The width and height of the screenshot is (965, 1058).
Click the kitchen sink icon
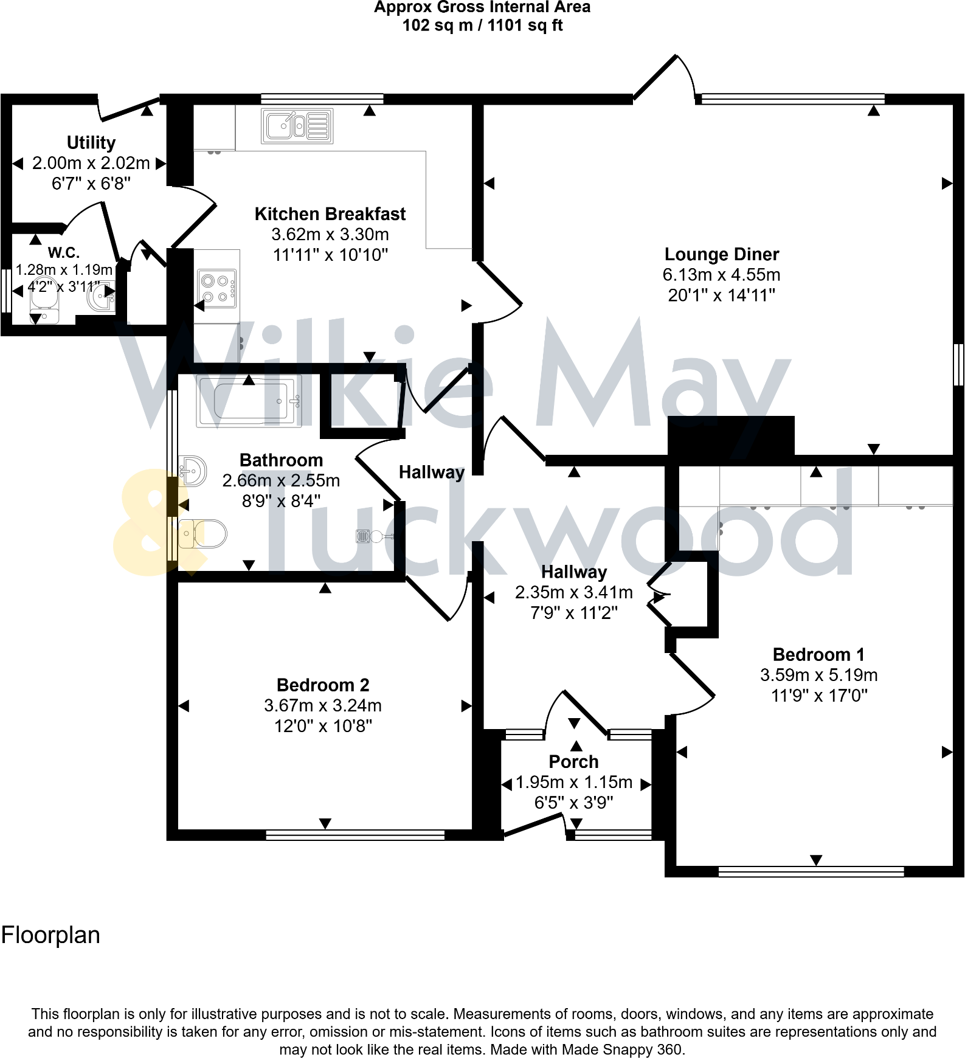tap(297, 126)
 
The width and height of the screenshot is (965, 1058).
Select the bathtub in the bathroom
tap(249, 401)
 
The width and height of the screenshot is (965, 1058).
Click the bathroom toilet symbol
tap(203, 534)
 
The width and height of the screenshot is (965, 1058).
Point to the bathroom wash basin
tap(193, 471)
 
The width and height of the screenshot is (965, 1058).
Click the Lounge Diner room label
tap(721, 254)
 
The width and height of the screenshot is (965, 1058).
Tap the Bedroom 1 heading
tap(818, 655)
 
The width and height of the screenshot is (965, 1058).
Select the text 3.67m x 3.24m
tap(323, 705)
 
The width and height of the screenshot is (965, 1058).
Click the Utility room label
tap(91, 143)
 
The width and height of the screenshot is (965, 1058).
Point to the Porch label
tap(573, 762)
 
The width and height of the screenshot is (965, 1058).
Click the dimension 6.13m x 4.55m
tap(721, 275)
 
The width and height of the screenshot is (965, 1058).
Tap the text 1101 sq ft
tap(525, 26)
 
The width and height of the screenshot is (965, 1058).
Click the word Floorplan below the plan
tap(50, 935)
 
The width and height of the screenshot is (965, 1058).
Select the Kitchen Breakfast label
tap(330, 214)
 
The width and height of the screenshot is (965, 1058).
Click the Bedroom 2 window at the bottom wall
tap(355, 835)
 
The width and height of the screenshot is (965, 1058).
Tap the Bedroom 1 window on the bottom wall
tap(811, 872)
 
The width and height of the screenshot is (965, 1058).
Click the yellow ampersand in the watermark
tap(149, 523)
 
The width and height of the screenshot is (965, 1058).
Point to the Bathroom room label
tap(281, 460)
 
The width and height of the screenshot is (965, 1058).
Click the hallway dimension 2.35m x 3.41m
tap(573, 592)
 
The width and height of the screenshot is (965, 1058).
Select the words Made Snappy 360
tap(623, 1049)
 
